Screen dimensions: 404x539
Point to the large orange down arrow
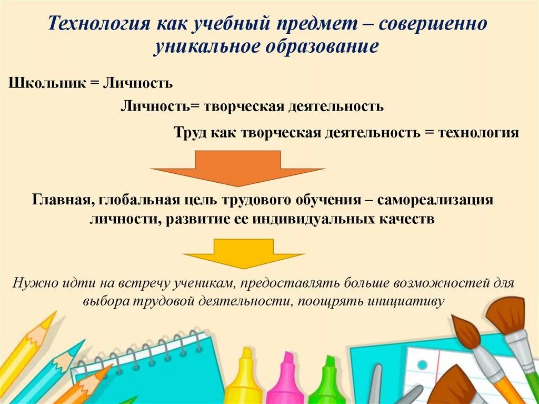coord(237,167)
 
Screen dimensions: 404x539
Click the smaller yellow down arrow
coord(243,253)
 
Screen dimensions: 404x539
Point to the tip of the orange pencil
coord(108,368)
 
